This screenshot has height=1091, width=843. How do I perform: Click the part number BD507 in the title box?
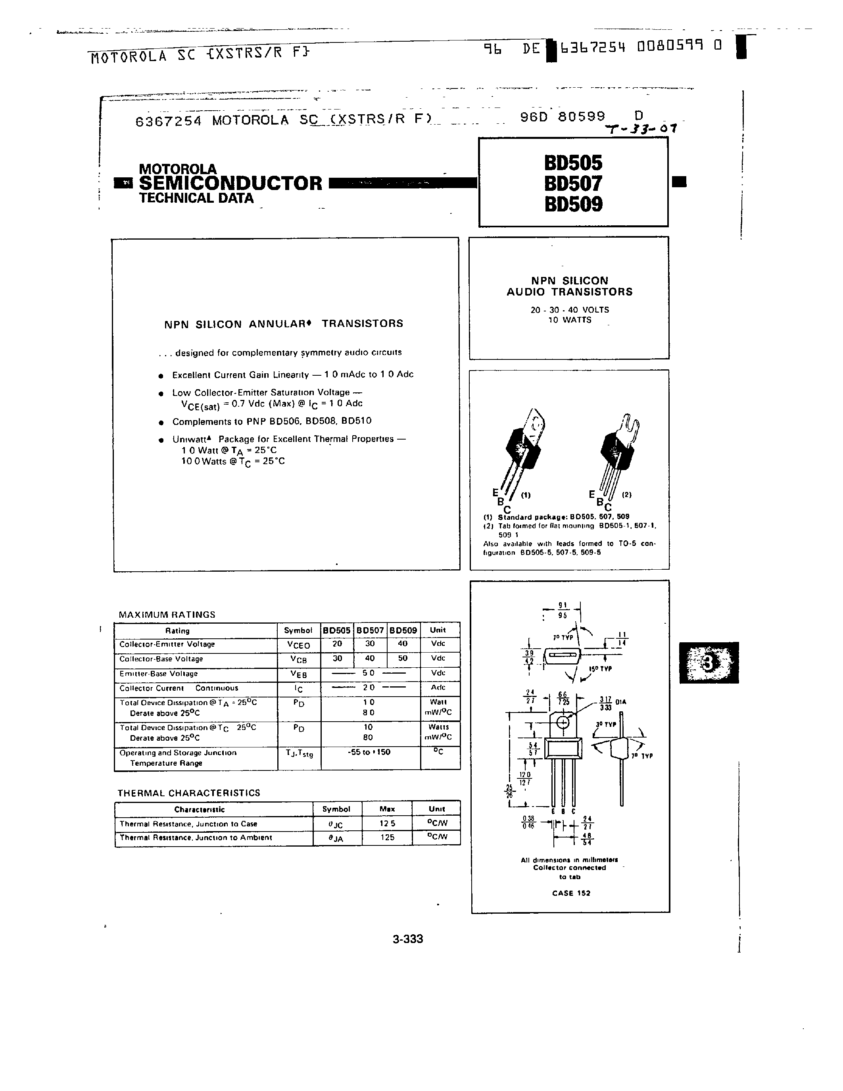click(x=573, y=184)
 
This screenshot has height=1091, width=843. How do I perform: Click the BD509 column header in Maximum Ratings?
click(x=403, y=630)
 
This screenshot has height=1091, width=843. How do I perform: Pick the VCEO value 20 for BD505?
click(x=337, y=644)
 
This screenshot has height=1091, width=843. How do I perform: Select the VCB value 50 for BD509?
click(x=403, y=659)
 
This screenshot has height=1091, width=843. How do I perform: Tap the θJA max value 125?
click(x=387, y=837)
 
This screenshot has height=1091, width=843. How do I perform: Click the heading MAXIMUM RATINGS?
click(x=167, y=615)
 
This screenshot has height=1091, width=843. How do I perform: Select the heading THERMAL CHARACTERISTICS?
click(x=189, y=793)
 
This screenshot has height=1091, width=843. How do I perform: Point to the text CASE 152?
click(x=571, y=893)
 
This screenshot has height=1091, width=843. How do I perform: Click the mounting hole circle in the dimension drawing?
click(x=563, y=722)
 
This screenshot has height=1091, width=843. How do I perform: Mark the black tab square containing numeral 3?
click(x=708, y=663)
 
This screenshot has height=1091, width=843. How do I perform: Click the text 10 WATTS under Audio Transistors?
click(x=569, y=320)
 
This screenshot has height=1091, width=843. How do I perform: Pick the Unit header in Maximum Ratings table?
click(x=438, y=630)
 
